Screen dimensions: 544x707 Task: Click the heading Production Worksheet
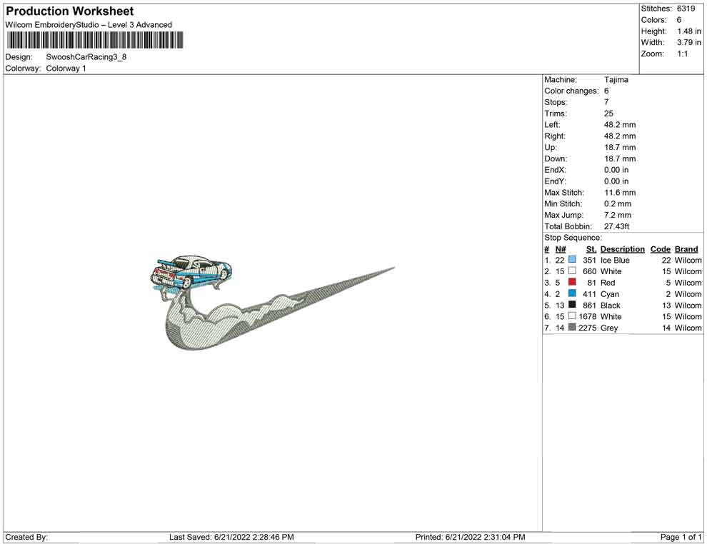(69, 11)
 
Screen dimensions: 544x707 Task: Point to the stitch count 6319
(686, 9)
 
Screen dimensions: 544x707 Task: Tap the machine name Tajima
(616, 80)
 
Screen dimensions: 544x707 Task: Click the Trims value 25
(608, 114)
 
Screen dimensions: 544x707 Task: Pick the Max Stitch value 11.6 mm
(619, 193)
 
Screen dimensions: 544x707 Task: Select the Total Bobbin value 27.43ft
(617, 226)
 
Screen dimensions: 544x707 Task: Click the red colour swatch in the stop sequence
(572, 282)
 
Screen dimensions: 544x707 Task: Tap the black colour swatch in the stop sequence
(572, 305)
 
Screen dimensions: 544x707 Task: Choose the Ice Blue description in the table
(615, 261)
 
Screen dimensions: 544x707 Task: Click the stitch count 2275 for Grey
(587, 328)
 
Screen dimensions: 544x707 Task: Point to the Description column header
(622, 249)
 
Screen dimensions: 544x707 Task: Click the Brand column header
(686, 249)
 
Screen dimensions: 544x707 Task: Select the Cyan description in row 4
(610, 294)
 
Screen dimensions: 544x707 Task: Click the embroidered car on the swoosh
(191, 272)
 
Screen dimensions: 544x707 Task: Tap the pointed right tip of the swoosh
(393, 268)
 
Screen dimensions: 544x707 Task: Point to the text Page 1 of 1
(681, 537)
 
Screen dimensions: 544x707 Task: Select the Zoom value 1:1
(683, 54)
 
